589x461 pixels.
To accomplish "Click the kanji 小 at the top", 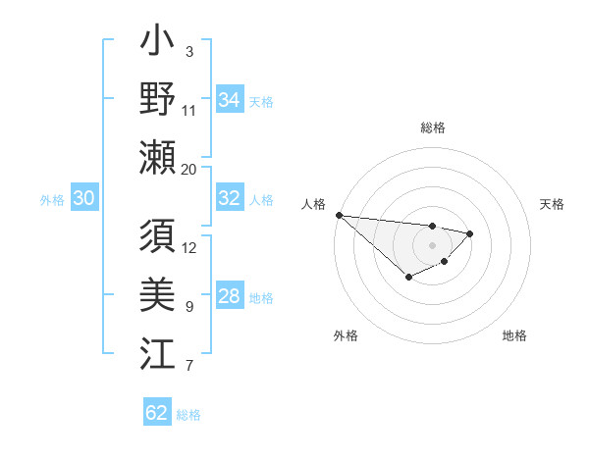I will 157,44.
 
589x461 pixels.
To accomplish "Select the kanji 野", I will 157,100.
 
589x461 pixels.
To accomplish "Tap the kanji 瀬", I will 157,157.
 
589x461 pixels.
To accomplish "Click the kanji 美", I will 157,295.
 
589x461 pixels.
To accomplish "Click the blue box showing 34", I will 229,100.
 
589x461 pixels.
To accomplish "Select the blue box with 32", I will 229,198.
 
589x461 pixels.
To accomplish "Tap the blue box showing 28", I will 229,296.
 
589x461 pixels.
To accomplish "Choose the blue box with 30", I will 83,198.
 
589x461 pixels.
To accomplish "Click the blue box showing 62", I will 157,413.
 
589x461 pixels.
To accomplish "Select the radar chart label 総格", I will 432,128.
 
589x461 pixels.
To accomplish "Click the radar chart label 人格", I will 314,204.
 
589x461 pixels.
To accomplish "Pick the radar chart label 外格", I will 346,335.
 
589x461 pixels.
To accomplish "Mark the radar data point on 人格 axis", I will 338,215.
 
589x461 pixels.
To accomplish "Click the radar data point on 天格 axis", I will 470,233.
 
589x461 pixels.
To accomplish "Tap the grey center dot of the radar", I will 432,244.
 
